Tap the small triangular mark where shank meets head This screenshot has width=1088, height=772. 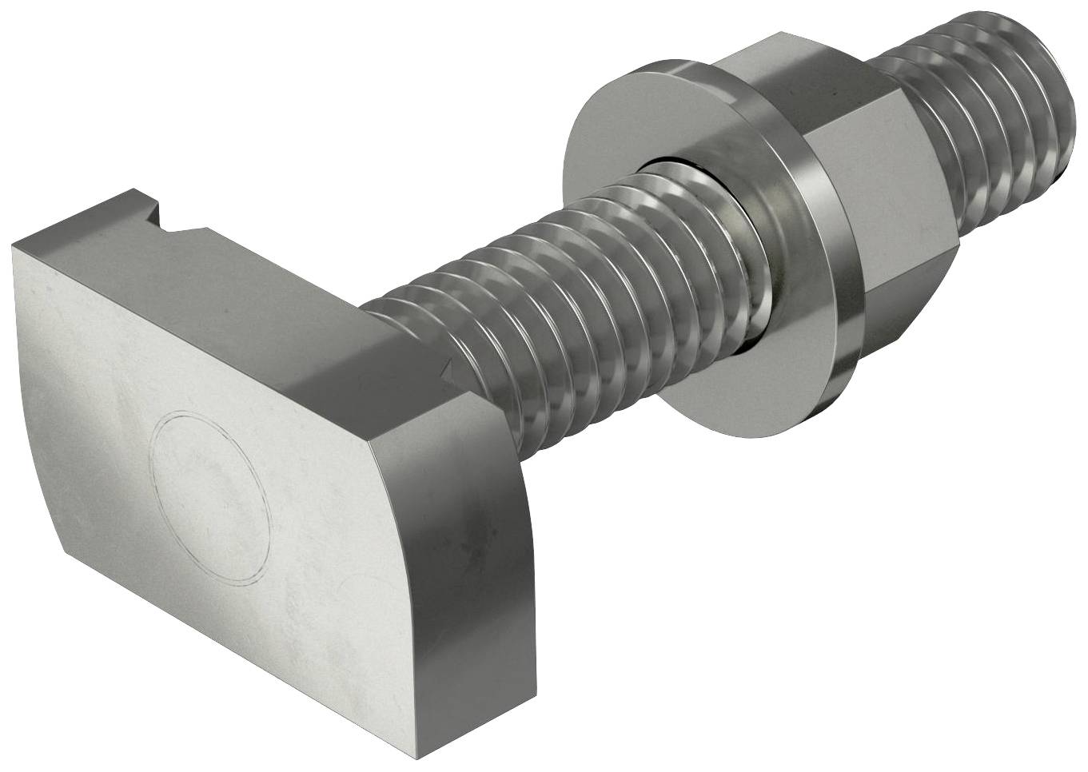click(448, 370)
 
